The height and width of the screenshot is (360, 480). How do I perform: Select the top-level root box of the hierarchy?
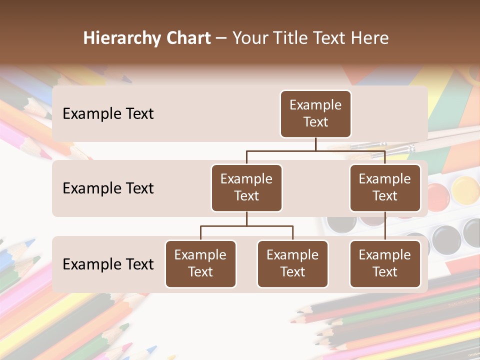315,114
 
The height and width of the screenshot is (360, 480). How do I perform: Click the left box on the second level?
246,188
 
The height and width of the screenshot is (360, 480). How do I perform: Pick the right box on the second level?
385,188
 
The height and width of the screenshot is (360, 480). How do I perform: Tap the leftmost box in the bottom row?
200,264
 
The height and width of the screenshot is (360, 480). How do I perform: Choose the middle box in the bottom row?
292,264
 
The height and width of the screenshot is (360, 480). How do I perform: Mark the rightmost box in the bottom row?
385,264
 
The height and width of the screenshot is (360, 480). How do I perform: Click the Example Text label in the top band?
108,114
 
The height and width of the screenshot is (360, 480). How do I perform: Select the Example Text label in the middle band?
108,188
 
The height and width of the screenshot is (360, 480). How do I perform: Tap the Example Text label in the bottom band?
108,264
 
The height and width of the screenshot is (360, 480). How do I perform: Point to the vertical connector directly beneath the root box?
315,144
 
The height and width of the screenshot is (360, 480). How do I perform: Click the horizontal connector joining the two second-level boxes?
315,150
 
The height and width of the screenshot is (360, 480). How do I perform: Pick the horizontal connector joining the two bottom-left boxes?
246,226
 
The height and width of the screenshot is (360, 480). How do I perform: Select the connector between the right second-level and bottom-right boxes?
385,226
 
